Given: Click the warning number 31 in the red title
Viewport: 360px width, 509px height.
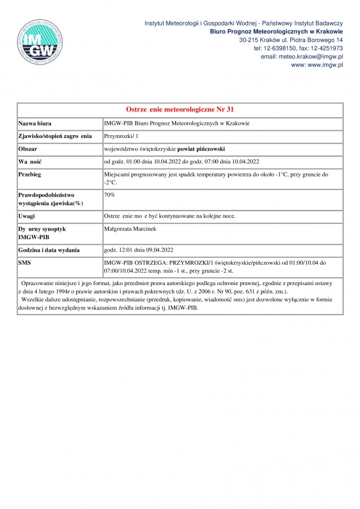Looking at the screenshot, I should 229,109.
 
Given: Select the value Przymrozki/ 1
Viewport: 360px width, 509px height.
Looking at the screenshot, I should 121,136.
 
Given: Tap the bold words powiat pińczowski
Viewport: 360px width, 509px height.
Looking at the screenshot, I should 201,149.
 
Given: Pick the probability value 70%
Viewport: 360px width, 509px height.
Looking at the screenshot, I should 110,195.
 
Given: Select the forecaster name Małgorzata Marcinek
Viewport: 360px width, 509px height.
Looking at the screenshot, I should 132,229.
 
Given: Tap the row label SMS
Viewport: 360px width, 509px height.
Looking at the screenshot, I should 25,263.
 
